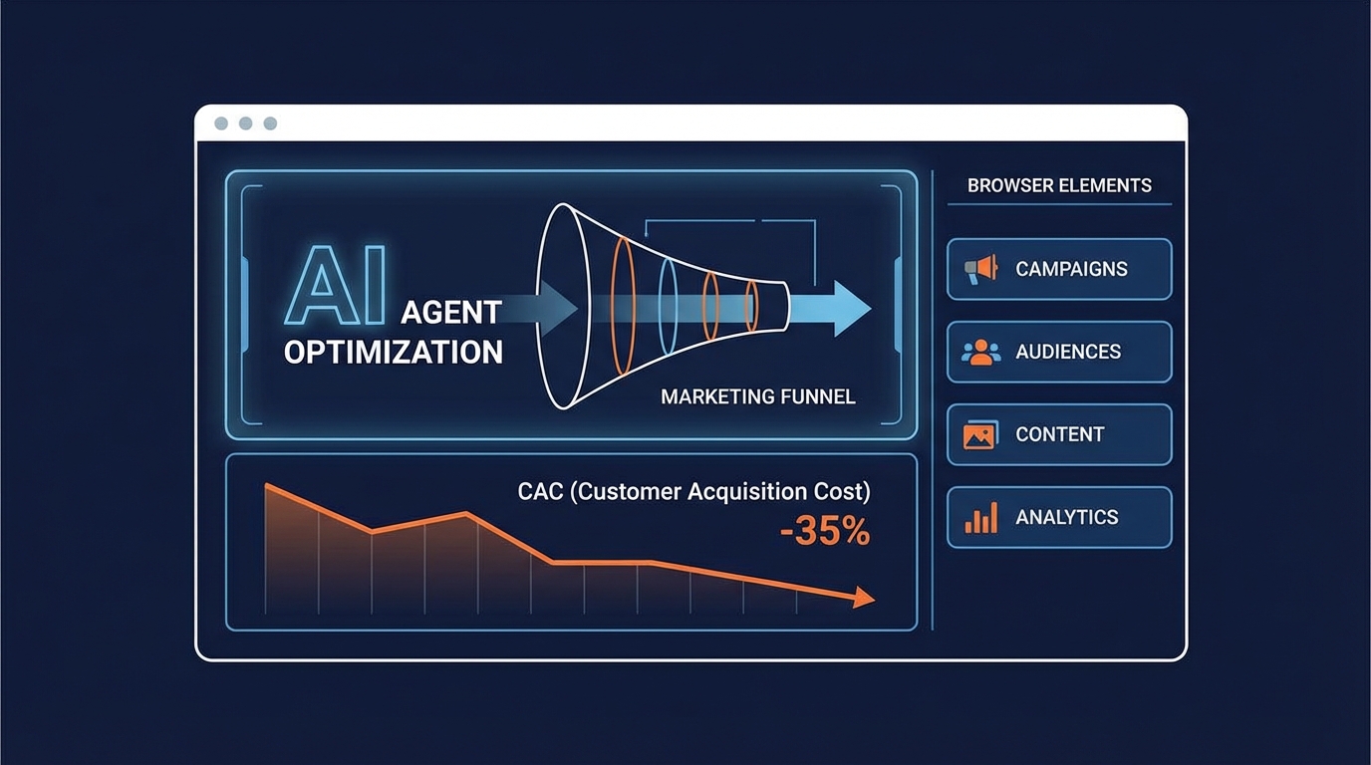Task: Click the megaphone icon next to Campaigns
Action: click(981, 269)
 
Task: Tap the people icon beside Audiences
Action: click(981, 352)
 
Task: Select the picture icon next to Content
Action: click(980, 434)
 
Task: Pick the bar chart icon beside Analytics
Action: click(981, 518)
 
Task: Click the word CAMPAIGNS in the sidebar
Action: click(1071, 269)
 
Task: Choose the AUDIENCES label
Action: click(1068, 352)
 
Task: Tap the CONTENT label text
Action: click(1060, 434)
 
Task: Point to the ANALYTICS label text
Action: click(1067, 518)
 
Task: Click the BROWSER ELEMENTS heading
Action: click(1059, 185)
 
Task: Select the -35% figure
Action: click(825, 531)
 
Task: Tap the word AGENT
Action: click(451, 313)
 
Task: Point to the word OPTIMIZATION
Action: click(393, 354)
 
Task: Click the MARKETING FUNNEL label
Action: click(757, 397)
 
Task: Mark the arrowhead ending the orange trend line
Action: click(864, 597)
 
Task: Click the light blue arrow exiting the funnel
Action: click(830, 309)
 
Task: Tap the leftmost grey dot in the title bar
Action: click(221, 124)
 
